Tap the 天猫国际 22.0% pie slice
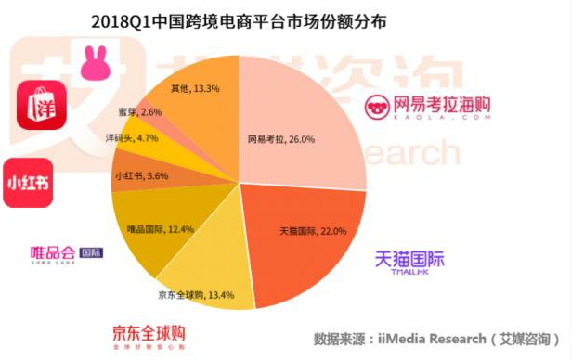[297, 237]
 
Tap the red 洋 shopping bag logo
[41, 105]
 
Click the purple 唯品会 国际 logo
[66, 253]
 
